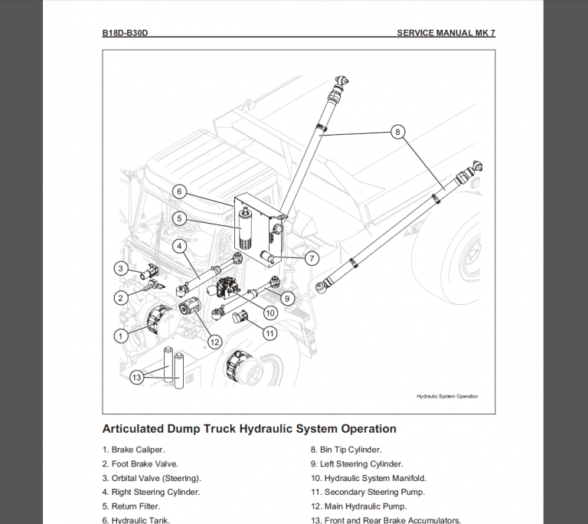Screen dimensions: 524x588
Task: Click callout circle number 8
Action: pyautogui.click(x=397, y=132)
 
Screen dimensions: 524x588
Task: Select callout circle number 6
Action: pyautogui.click(x=178, y=192)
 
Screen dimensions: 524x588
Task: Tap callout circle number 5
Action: pyautogui.click(x=178, y=218)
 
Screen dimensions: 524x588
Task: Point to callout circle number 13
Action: pyautogui.click(x=136, y=377)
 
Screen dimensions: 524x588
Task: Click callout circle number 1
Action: pyautogui.click(x=119, y=335)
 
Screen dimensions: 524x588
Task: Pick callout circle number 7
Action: pyautogui.click(x=312, y=258)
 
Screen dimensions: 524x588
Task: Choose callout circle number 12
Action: pyautogui.click(x=214, y=341)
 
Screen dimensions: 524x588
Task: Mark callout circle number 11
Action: pyautogui.click(x=269, y=333)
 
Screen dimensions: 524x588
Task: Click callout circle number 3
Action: pyautogui.click(x=120, y=268)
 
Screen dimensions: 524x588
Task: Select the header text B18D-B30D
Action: pyautogui.click(x=125, y=34)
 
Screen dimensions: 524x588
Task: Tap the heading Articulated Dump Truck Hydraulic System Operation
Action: pyautogui.click(x=249, y=429)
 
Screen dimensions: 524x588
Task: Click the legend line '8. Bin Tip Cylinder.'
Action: pyautogui.click(x=345, y=450)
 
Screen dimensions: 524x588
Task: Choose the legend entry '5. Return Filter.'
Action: pyautogui.click(x=131, y=506)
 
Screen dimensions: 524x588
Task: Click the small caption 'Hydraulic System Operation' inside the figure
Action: pyautogui.click(x=446, y=397)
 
